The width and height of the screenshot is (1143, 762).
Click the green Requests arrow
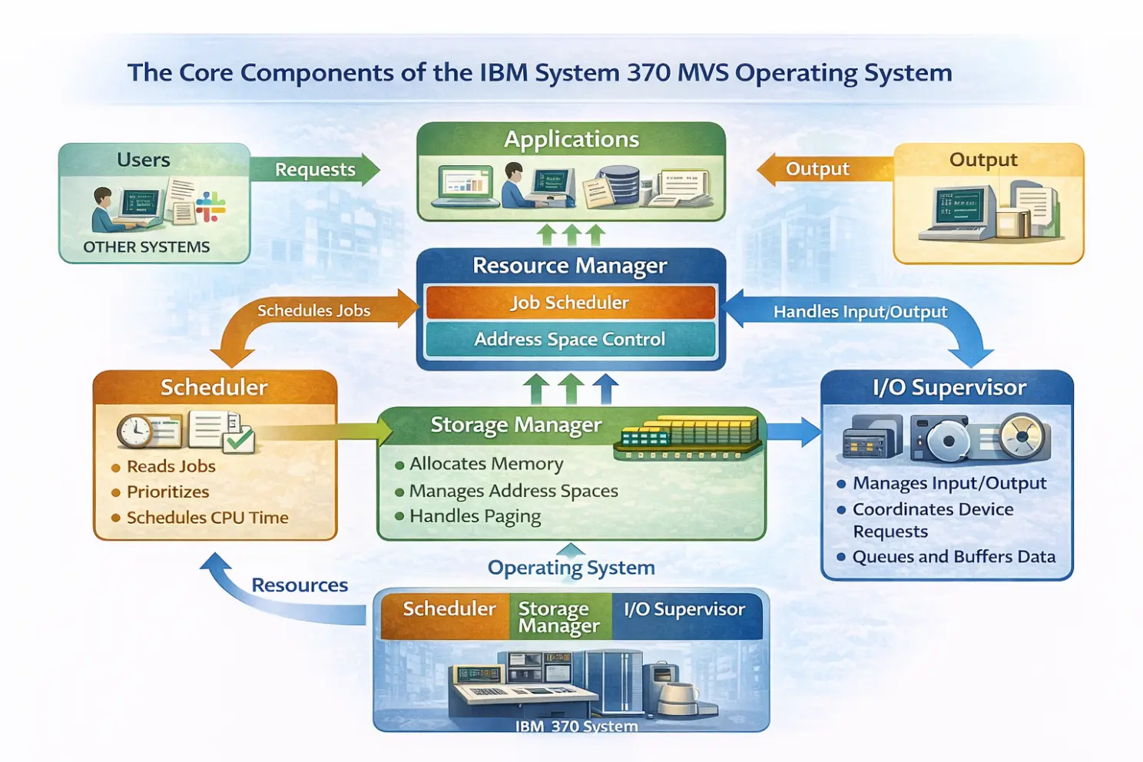[316, 170]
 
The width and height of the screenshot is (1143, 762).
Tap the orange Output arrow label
[817, 169]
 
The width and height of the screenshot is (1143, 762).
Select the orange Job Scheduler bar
[571, 303]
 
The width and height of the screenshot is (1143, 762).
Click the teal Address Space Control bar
[571, 340]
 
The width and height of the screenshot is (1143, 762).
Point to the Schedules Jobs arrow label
[314, 311]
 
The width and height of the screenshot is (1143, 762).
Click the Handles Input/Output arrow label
[860, 312]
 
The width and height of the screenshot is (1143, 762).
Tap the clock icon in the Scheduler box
[135, 431]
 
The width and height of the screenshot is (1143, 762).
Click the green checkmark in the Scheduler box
[239, 439]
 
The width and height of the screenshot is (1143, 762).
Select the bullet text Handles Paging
[475, 516]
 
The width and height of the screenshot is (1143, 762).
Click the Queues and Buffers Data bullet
[954, 556]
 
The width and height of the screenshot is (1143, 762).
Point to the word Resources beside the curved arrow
[300, 585]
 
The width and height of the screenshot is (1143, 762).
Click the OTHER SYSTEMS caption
[147, 247]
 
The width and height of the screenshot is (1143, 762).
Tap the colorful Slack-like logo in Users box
[210, 206]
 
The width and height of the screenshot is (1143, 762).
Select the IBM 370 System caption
[577, 726]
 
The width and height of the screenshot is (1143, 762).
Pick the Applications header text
[571, 139]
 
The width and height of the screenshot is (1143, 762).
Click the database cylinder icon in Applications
[619, 185]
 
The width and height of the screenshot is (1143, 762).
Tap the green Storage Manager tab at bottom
[560, 617]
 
